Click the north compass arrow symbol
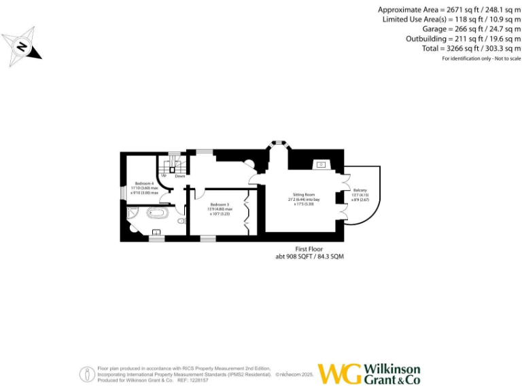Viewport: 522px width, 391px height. (22, 47)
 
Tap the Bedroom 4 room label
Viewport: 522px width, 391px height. (144, 184)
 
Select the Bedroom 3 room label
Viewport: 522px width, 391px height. (219, 204)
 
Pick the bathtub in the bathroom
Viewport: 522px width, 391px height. (157, 213)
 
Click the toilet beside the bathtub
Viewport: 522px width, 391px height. (181, 220)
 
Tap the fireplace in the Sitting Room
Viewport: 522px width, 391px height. (321, 164)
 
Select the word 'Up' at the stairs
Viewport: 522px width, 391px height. (164, 176)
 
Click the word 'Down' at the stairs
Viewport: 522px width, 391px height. (179, 176)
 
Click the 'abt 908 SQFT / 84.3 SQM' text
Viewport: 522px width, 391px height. (308, 257)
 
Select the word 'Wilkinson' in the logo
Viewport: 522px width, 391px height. (392, 369)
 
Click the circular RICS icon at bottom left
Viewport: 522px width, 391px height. (87, 373)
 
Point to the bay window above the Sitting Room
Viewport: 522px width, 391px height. (277, 143)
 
